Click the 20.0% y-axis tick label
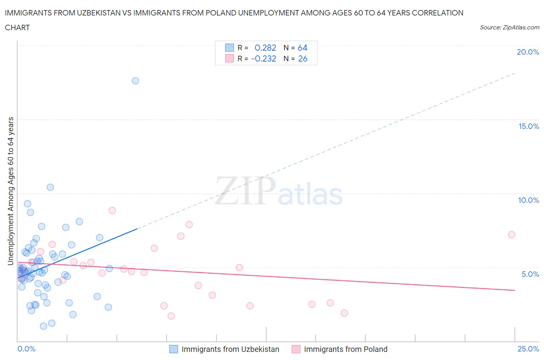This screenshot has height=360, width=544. (x=528, y=52)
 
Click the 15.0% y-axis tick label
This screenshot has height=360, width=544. (x=529, y=126)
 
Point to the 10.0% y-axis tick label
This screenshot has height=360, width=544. (x=529, y=200)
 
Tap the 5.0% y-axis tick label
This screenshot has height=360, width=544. (x=530, y=274)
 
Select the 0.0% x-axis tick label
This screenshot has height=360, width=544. (x=26, y=349)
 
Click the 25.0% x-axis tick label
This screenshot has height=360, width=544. (x=528, y=349)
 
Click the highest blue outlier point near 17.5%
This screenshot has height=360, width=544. (x=135, y=81)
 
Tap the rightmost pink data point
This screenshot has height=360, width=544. (x=511, y=235)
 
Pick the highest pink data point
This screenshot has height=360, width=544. (x=112, y=211)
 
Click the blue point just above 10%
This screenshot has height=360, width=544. (x=50, y=187)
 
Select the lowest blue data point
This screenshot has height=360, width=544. (x=43, y=326)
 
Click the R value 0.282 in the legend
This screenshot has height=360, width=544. (x=265, y=48)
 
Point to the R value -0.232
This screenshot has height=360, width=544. (x=263, y=58)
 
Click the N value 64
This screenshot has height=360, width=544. (x=302, y=48)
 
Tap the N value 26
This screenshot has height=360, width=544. (x=303, y=58)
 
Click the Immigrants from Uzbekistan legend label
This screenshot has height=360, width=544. (x=230, y=349)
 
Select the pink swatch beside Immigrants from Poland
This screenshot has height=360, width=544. (x=296, y=349)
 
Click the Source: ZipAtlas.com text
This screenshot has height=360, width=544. (x=509, y=27)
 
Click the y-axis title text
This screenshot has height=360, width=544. (x=11, y=191)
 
